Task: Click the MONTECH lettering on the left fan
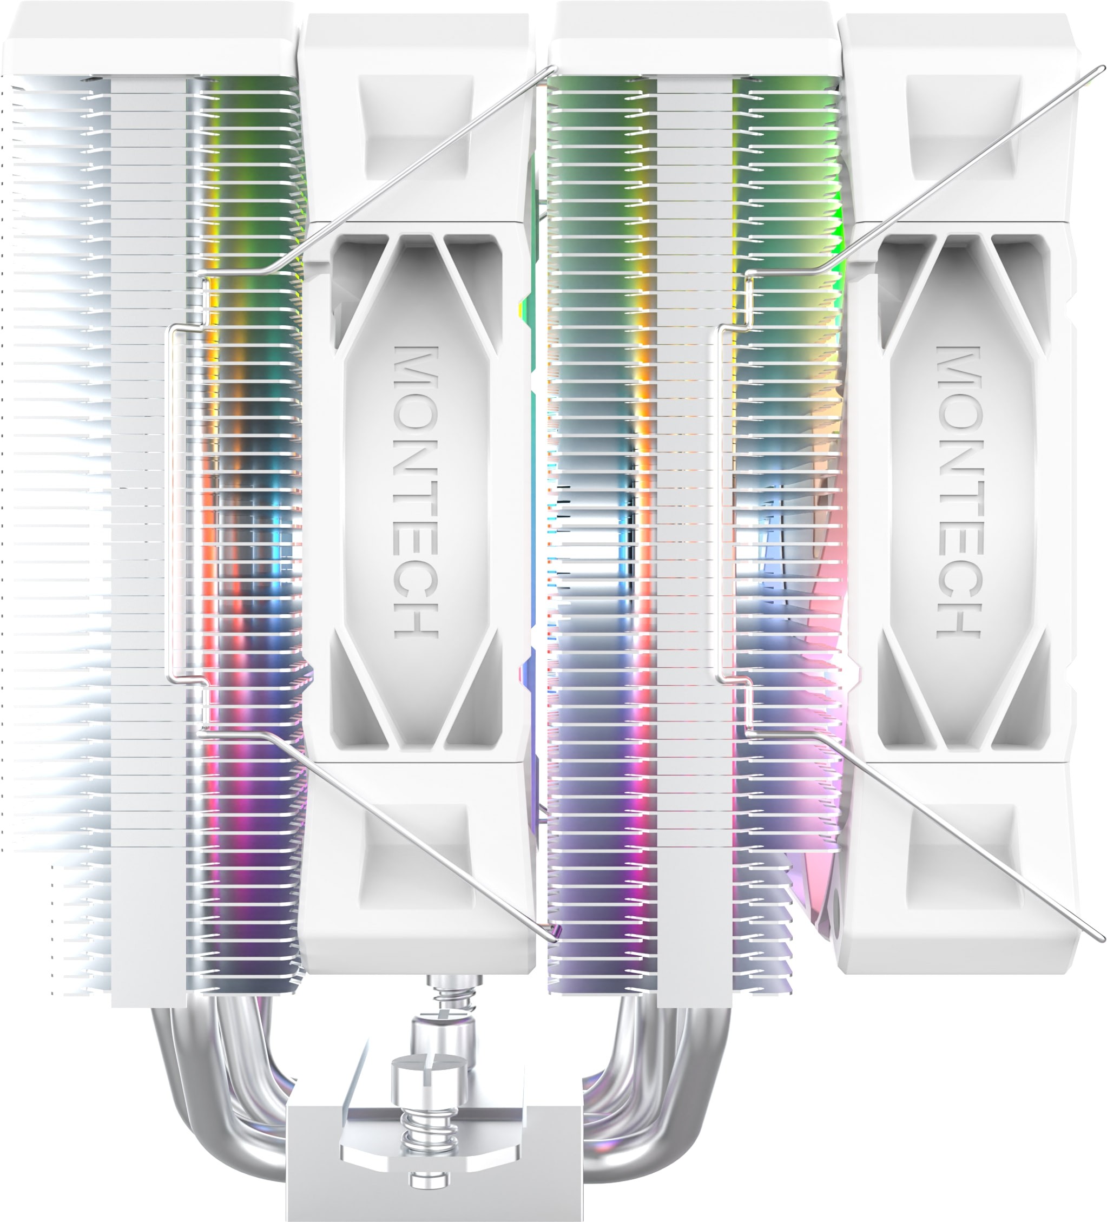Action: [416, 491]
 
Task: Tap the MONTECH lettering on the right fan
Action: [959, 491]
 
